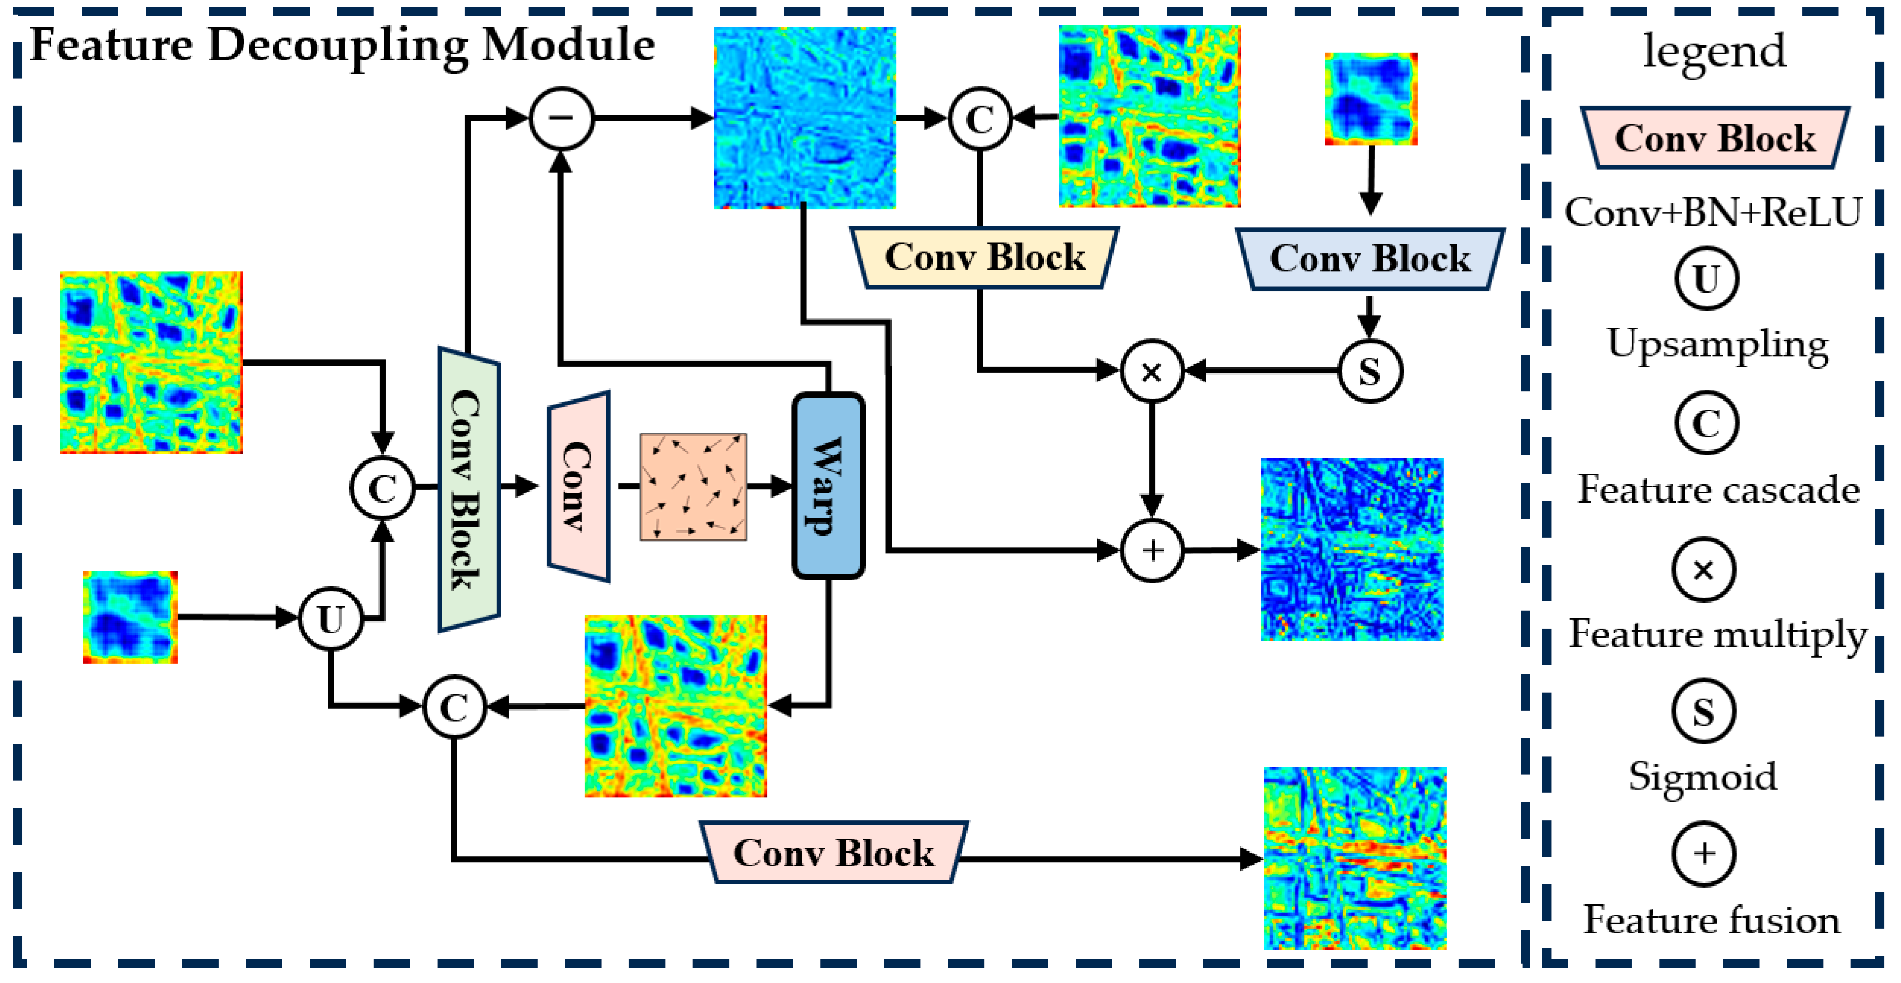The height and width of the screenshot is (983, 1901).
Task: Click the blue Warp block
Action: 828,486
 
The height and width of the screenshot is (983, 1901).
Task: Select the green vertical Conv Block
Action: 469,489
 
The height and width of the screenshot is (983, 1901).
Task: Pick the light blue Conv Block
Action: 1370,259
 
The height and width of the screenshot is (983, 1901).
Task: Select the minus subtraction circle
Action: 562,118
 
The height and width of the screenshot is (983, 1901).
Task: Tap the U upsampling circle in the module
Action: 330,618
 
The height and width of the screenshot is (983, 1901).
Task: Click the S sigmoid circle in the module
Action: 1370,371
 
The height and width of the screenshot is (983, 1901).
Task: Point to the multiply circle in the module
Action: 1151,371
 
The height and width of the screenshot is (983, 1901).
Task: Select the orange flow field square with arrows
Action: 693,487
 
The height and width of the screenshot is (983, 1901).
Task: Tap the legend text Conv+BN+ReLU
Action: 1713,213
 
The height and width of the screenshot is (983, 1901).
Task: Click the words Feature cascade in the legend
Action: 1718,489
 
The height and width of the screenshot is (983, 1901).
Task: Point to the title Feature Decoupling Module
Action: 342,46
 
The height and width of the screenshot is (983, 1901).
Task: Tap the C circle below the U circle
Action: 454,707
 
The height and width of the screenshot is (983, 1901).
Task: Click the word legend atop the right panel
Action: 1714,52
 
